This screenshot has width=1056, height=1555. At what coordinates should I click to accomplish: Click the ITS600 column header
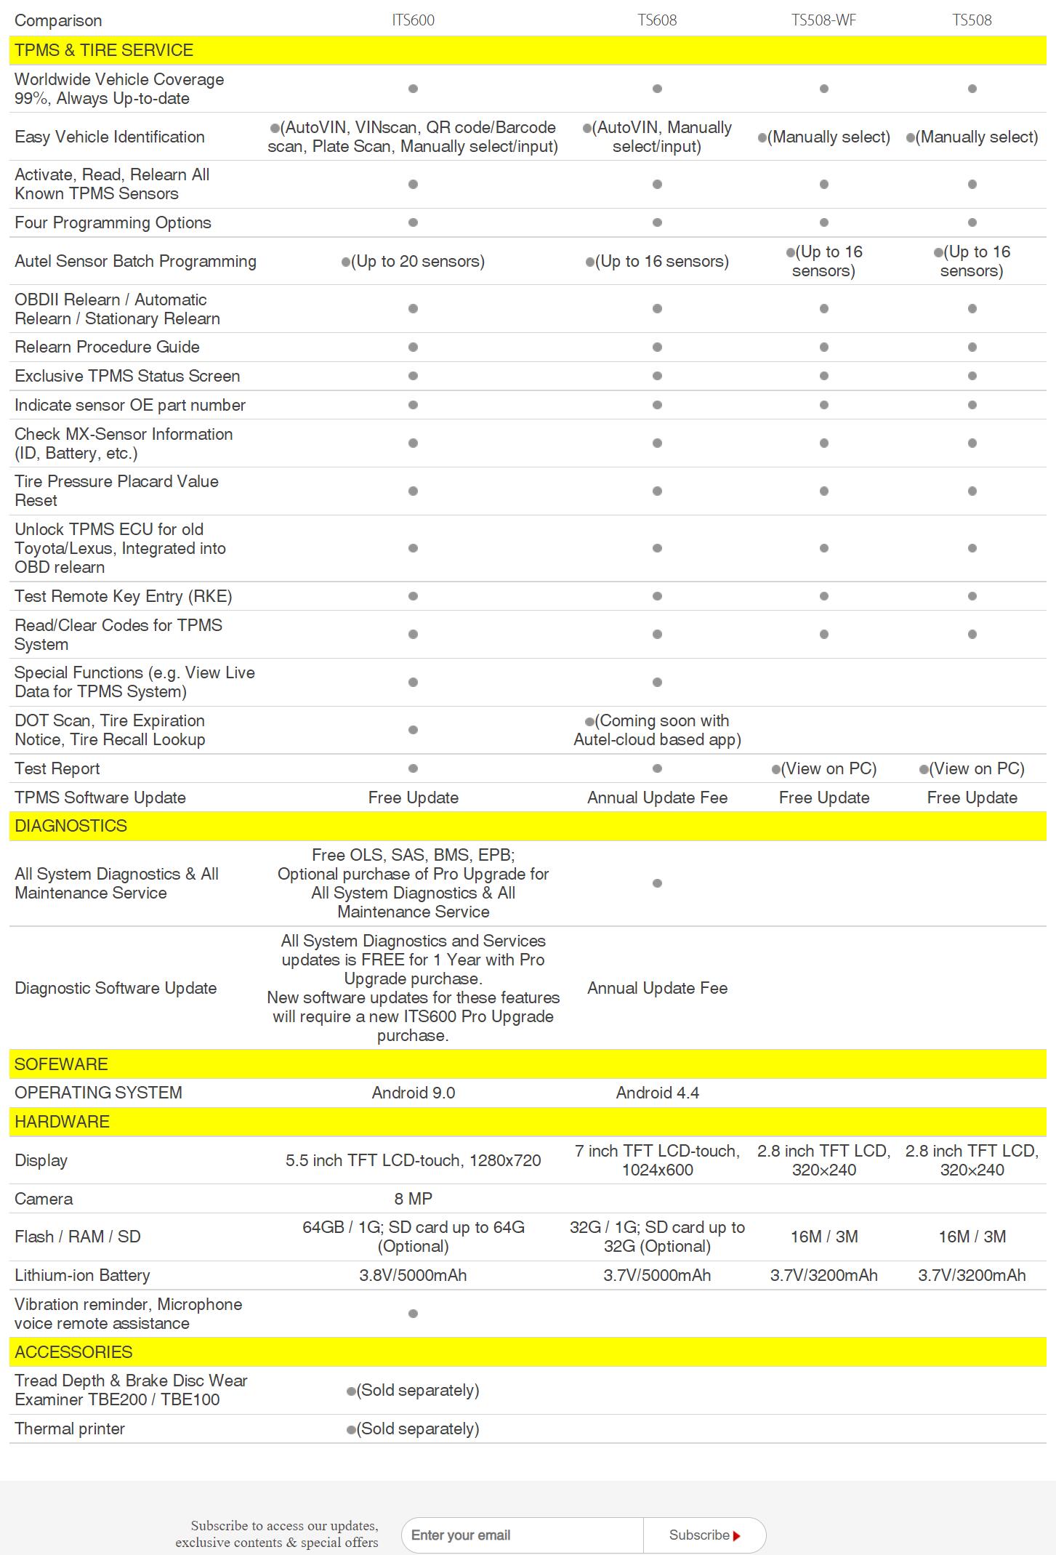(413, 20)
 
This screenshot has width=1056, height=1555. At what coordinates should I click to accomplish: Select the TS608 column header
(657, 20)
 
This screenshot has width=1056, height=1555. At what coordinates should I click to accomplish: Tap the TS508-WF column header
(823, 20)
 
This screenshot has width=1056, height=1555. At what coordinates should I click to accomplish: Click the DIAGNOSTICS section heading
(70, 826)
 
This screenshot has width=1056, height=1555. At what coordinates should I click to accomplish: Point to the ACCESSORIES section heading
(73, 1352)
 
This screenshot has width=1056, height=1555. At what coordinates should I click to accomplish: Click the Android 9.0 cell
(413, 1093)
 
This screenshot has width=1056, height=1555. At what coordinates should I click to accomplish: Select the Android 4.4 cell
(657, 1093)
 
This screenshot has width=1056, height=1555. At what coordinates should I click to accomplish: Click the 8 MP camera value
(413, 1199)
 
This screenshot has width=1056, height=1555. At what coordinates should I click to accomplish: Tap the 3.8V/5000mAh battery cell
(413, 1275)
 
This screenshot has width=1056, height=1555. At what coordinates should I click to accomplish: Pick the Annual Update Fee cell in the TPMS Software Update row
(657, 797)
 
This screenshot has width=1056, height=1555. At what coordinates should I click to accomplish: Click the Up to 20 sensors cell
(413, 261)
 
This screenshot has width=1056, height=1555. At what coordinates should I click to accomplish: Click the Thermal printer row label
(70, 1429)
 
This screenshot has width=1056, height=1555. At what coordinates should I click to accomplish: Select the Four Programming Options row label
(113, 222)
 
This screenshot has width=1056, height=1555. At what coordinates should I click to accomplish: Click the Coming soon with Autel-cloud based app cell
(657, 730)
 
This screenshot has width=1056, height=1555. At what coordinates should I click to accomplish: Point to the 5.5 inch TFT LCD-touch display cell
(413, 1160)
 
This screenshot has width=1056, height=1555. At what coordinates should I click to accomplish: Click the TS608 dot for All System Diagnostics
(657, 883)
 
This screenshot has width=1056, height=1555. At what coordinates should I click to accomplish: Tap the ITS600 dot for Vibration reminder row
(413, 1314)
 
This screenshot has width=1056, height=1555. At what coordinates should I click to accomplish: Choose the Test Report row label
(57, 768)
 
